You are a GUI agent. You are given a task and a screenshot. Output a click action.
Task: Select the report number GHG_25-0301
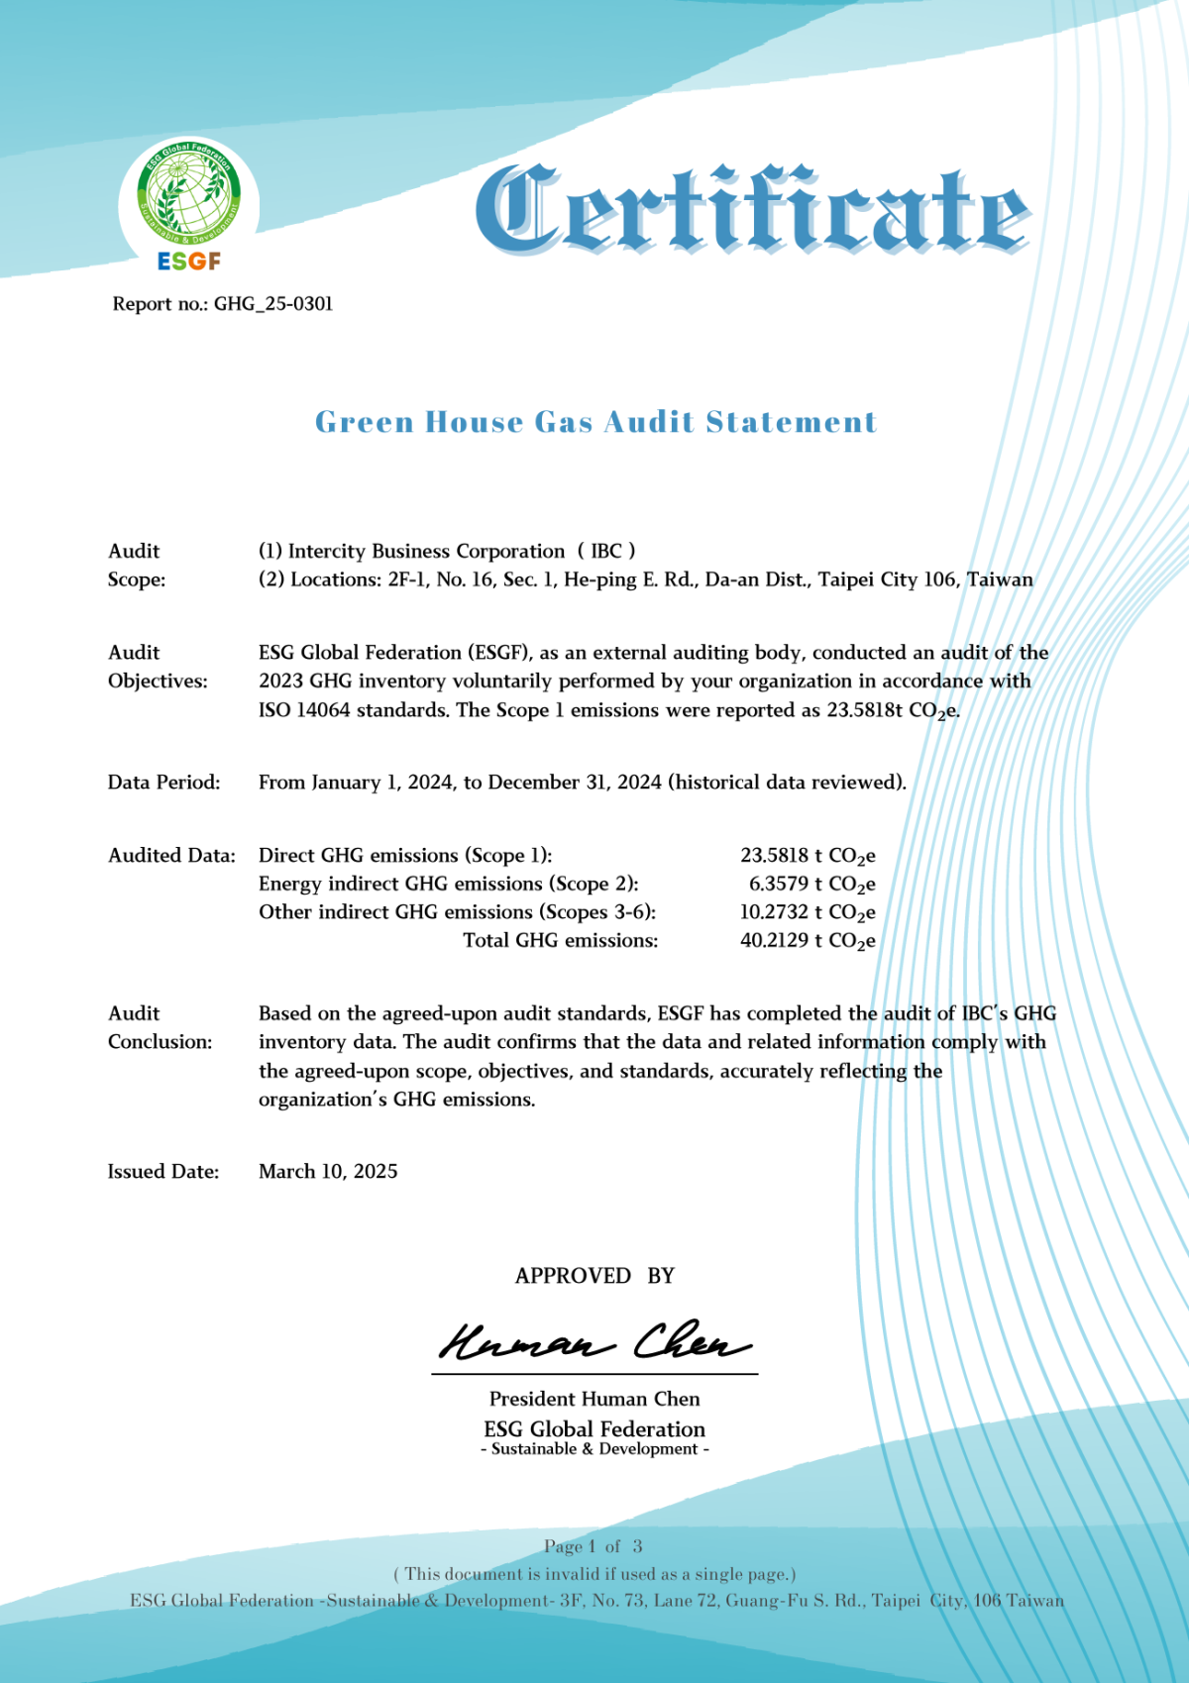tap(273, 304)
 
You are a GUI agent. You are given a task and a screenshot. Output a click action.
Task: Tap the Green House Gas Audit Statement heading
tap(595, 422)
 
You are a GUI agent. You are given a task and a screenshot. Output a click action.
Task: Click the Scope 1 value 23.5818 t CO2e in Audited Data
tap(807, 856)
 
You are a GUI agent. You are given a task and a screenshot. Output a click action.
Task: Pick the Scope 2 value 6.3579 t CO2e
tap(811, 885)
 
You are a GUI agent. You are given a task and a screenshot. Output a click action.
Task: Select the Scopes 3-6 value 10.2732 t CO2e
tap(807, 913)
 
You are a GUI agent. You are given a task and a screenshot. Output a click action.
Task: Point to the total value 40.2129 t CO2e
tap(807, 941)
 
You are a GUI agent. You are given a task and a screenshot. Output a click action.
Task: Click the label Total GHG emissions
tap(560, 941)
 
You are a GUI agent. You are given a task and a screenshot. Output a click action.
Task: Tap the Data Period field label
tap(163, 783)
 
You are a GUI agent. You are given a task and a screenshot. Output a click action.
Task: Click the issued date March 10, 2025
tap(328, 1172)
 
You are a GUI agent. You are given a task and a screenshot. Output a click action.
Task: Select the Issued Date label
tap(163, 1172)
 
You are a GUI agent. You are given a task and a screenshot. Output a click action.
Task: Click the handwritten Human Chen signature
tap(594, 1342)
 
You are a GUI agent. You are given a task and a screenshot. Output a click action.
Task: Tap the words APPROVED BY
tap(594, 1276)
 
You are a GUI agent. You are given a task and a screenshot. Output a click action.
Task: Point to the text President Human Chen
tap(594, 1399)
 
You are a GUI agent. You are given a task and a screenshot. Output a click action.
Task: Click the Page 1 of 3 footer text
tap(593, 1546)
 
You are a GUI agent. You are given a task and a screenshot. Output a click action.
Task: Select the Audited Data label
tap(171, 856)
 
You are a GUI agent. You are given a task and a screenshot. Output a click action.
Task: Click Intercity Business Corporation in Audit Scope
tap(426, 552)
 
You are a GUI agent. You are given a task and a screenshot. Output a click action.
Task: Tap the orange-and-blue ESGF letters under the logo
tap(189, 262)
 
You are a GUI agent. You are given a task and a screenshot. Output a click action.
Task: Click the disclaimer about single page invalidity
tap(594, 1574)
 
